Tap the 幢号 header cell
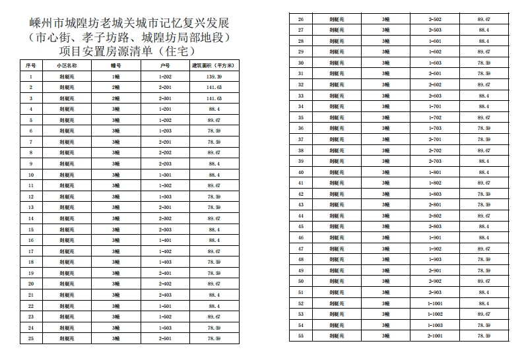point(115,66)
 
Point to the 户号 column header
point(165,66)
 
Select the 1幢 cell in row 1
point(115,76)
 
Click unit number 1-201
point(165,109)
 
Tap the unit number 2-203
point(165,164)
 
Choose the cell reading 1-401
point(165,240)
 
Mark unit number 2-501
point(165,338)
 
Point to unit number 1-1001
point(435,303)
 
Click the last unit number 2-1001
point(435,336)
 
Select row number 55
point(301,336)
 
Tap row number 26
point(301,19)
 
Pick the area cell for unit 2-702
point(484,150)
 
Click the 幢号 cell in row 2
point(115,87)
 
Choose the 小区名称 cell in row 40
point(337,172)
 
